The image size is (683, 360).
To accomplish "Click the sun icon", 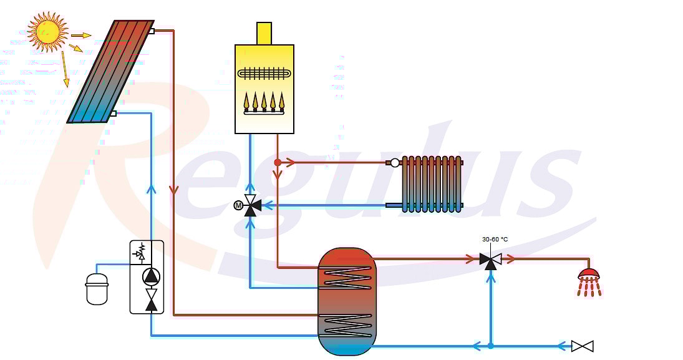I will point(47,32).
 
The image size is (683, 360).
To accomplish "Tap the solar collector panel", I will point(111,72).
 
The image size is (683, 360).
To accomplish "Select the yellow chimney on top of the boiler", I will point(264,33).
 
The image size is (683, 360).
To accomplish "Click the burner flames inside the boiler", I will point(264,100).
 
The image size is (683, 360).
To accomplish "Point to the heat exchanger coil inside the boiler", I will point(264,73).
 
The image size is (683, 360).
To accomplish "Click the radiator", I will point(431,183).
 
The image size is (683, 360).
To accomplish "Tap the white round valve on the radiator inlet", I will point(395,163).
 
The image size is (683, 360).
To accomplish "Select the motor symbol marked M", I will point(238,205).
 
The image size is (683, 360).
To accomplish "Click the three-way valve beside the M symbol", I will point(251,205).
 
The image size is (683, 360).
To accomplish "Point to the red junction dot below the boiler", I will point(278,162).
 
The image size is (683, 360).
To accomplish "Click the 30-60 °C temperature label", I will point(495,239).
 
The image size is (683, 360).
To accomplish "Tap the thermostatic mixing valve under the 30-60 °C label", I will point(491,260).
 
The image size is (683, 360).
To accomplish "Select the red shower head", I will point(589,274).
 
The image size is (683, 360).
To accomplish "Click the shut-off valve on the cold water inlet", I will point(582,346).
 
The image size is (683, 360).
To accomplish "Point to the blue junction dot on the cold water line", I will point(491,346).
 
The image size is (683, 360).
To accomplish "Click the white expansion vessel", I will point(97,288).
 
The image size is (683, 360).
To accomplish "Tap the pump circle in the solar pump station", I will point(151,276).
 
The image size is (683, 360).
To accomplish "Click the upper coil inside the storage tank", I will point(347,276).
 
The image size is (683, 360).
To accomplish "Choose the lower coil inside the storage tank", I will point(347,324).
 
